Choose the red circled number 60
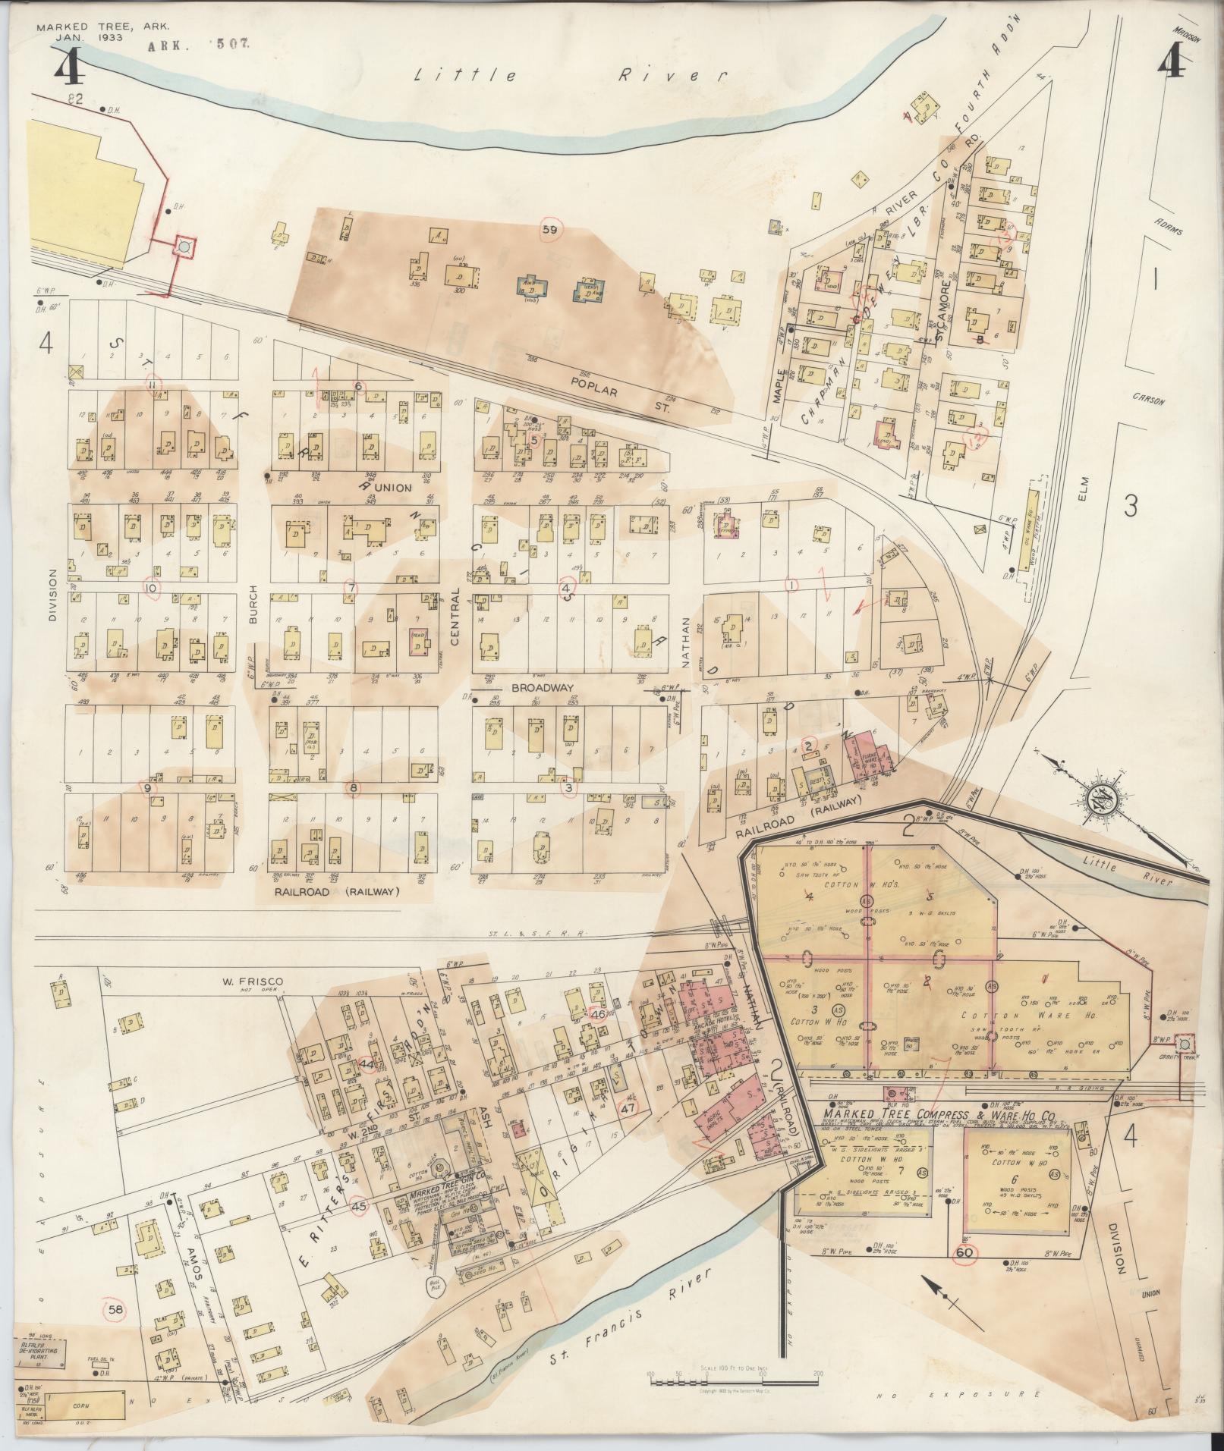point(964,1252)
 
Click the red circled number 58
point(115,1309)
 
